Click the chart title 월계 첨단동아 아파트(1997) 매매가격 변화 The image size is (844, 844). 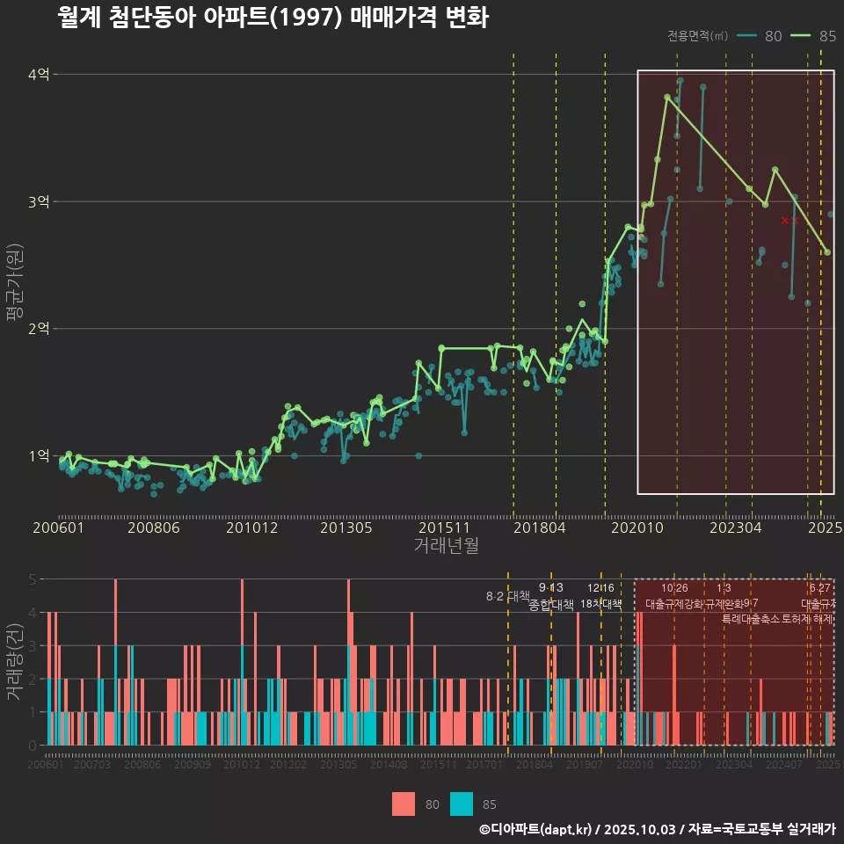tap(273, 18)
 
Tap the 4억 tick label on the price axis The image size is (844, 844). tap(38, 75)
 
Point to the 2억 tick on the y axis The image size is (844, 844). tap(38, 329)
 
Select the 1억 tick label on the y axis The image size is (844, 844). tap(38, 455)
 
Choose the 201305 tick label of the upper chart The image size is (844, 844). tap(346, 527)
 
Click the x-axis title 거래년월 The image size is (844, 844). tap(446, 545)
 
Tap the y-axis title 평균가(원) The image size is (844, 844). tap(14, 290)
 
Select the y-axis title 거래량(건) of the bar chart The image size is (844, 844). tap(14, 661)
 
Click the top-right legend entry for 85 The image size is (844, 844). tap(814, 36)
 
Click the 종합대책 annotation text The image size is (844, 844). tap(551, 605)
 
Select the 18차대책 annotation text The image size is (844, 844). tap(601, 605)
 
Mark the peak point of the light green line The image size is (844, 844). tap(667, 97)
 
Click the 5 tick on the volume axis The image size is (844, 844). tap(32, 579)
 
